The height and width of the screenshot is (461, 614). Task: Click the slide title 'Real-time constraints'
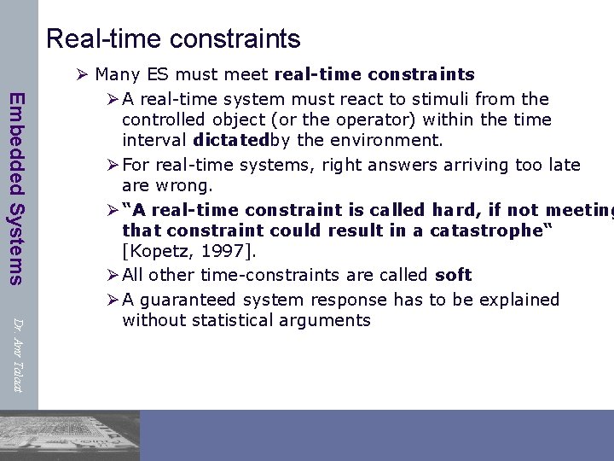173,39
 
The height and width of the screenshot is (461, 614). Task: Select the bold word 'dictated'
231,140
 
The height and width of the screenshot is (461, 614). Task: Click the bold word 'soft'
453,275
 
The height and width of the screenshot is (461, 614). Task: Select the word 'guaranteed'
188,300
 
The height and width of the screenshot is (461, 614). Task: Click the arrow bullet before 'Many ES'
83,75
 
